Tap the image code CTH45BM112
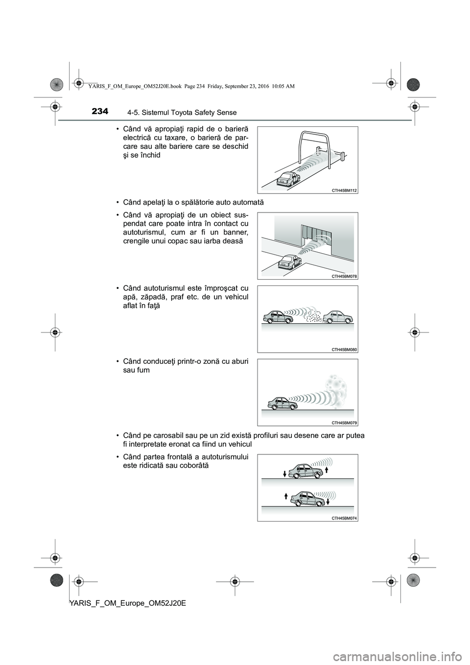[x=345, y=190]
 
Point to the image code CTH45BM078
[x=345, y=276]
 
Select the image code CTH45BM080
[x=345, y=349]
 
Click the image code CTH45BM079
[x=345, y=422]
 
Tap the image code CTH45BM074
[x=345, y=518]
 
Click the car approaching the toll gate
[x=284, y=179]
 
